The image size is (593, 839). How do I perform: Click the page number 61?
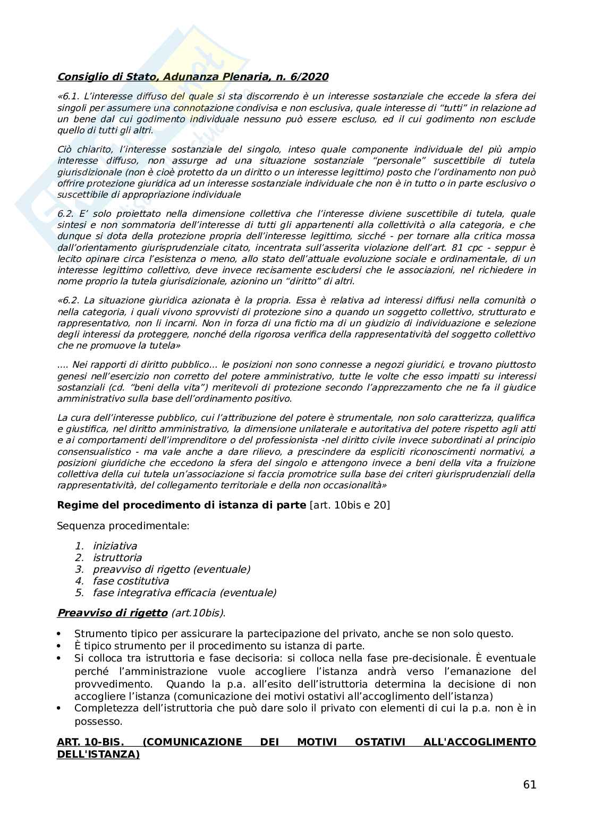529,785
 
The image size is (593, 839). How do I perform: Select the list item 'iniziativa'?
115,546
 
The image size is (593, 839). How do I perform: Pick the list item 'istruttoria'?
117,557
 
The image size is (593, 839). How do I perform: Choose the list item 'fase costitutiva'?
131,581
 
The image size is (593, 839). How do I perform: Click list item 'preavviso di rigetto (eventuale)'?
172,569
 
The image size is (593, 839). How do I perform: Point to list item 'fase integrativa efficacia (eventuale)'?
184,592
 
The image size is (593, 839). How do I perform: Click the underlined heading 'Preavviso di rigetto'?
112,613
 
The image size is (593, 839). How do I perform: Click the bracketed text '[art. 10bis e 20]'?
350,505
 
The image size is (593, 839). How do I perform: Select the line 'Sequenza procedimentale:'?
123,526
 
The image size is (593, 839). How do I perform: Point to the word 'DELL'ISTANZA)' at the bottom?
98,753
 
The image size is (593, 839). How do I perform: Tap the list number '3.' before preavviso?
80,569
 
